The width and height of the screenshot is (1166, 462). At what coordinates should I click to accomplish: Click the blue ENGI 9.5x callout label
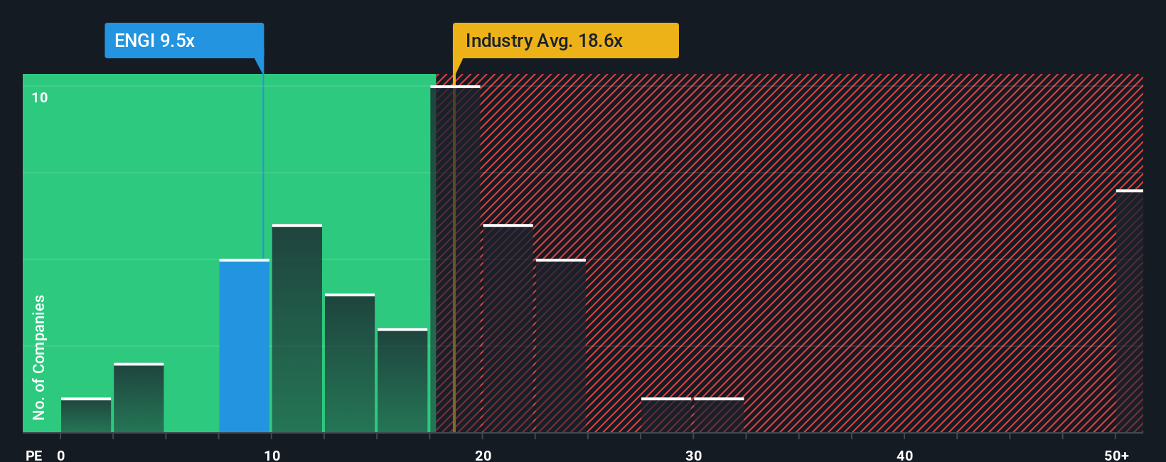point(183,41)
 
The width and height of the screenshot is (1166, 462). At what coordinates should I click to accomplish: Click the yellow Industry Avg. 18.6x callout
point(565,41)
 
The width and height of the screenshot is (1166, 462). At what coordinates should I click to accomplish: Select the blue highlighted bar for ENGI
point(244,346)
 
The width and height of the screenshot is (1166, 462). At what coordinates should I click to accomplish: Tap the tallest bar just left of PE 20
point(455,259)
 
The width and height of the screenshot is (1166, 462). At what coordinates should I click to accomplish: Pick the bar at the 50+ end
point(1129,311)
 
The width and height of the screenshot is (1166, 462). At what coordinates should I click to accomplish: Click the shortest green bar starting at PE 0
point(86,415)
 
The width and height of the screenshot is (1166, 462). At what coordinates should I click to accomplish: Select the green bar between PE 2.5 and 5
point(139,398)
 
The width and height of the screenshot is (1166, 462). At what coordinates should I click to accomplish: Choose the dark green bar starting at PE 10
point(297,328)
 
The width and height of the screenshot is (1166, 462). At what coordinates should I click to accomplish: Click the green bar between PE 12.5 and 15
point(350,363)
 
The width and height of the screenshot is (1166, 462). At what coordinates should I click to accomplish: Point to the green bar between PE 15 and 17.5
point(402,380)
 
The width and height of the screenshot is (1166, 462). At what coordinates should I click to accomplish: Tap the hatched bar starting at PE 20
point(508,328)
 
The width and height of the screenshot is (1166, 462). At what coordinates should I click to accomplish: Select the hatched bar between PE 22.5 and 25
point(560,346)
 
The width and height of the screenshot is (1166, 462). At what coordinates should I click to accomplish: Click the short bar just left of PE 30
point(666,415)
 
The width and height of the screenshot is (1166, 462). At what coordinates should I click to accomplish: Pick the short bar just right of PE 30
point(719,415)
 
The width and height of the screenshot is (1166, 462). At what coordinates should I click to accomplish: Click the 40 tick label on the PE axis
point(904,455)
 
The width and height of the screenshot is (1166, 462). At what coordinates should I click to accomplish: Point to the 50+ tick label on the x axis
point(1116,455)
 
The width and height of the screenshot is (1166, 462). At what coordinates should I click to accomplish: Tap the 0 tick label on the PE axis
point(61,455)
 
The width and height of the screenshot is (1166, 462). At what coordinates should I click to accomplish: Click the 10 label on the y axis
point(40,97)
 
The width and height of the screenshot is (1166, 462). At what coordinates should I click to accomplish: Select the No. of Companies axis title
point(39,357)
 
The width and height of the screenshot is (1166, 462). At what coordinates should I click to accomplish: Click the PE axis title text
point(33,455)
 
